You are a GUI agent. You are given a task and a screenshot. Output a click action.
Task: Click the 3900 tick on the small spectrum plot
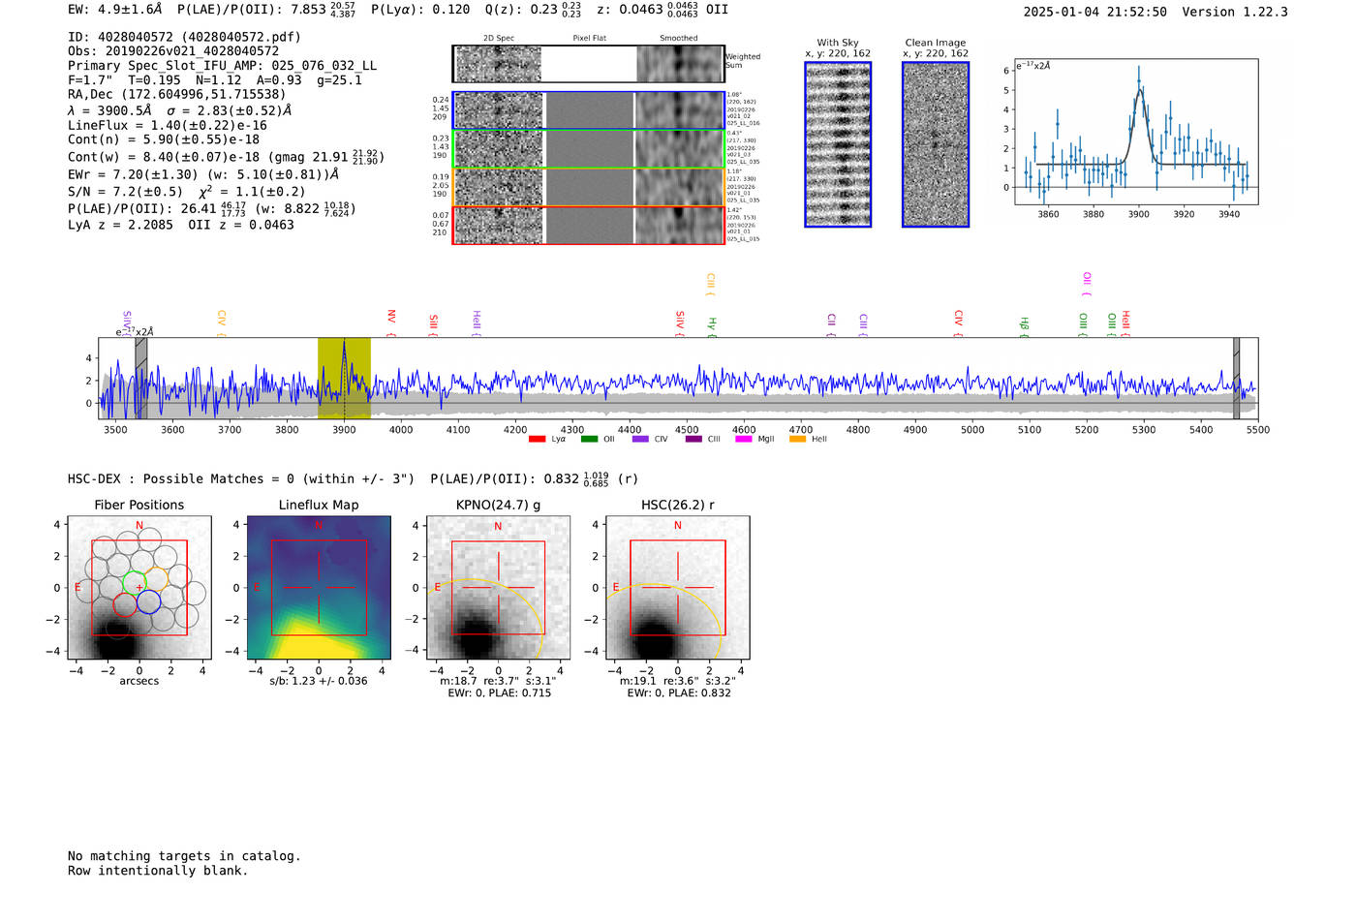[x=1138, y=214]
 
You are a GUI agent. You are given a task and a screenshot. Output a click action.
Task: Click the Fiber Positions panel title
[x=139, y=505]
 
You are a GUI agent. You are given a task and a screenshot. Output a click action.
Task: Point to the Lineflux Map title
[x=319, y=505]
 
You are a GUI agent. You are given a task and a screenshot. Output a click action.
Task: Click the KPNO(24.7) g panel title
[x=498, y=505]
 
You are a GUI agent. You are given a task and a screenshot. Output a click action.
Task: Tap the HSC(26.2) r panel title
[x=677, y=505]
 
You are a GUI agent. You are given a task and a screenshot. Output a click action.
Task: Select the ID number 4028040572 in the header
[x=136, y=37]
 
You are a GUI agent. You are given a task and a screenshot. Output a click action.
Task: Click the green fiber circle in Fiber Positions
[x=134, y=583]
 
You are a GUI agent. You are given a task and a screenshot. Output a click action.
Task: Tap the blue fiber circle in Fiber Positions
[x=148, y=602]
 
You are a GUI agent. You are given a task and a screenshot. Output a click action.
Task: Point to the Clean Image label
[x=936, y=43]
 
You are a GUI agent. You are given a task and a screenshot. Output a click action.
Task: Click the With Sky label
[x=838, y=43]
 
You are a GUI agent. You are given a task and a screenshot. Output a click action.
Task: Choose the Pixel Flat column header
[x=589, y=38]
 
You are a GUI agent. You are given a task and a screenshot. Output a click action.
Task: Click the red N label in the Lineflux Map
[x=318, y=526]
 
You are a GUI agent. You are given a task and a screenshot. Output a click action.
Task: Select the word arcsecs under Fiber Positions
[x=139, y=682]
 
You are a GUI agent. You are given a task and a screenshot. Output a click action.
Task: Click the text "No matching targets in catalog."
[x=184, y=856]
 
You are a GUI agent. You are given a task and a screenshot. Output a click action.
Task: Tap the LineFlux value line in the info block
[x=167, y=125]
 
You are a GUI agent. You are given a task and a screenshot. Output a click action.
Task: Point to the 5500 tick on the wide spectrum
[x=1257, y=430]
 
